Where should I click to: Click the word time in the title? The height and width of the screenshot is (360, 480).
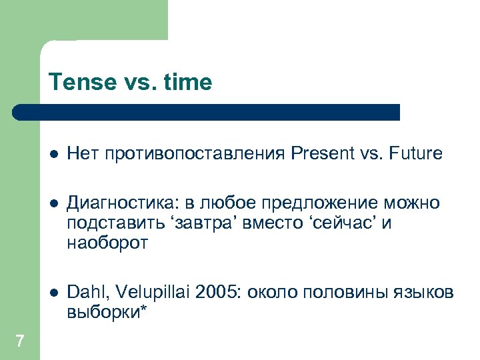(187, 83)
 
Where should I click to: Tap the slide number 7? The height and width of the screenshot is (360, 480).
(19, 341)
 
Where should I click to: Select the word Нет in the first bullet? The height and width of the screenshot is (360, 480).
(80, 154)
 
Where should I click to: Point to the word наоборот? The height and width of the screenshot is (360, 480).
(107, 244)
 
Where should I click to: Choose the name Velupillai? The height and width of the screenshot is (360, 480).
(144, 292)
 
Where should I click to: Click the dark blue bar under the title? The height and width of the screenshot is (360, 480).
(207, 112)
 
